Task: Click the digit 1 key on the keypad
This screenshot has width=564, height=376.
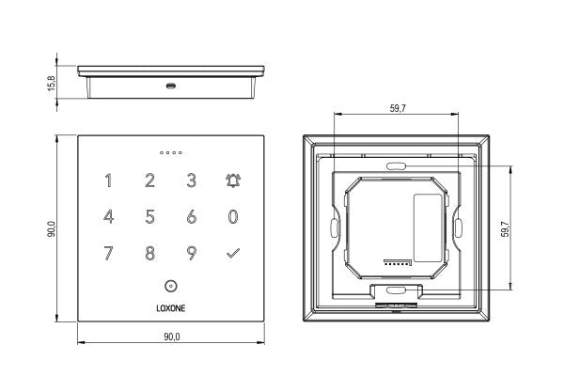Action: (108, 180)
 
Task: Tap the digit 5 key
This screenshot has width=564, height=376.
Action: (149, 217)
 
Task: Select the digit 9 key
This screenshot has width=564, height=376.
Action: (191, 253)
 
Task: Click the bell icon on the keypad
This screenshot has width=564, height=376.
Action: (232, 180)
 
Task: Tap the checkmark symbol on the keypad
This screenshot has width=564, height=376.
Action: (232, 253)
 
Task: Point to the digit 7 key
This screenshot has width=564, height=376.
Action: (108, 253)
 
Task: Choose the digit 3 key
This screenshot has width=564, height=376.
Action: (191, 180)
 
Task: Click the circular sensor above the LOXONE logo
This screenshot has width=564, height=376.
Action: (170, 286)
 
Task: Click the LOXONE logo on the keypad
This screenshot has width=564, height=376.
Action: (170, 305)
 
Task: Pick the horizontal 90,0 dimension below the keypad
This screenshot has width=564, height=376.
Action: (170, 337)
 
